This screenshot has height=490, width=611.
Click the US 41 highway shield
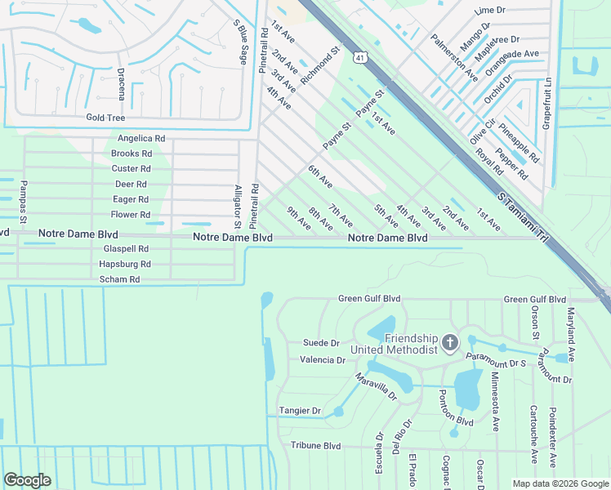pos(360,56)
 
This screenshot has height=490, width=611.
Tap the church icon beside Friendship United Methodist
pos(448,341)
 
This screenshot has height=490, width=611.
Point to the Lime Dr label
pos(490,10)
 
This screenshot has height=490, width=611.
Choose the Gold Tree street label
pos(105,118)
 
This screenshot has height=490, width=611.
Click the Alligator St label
pos(238,206)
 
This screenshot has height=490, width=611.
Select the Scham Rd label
pos(119,279)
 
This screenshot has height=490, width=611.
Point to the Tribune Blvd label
pos(315,446)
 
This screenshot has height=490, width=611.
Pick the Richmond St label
pos(319,65)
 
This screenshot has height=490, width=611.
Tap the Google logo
pos(27,480)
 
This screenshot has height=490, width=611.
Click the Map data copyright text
pos(560,483)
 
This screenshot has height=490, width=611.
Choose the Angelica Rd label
pos(141,139)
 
